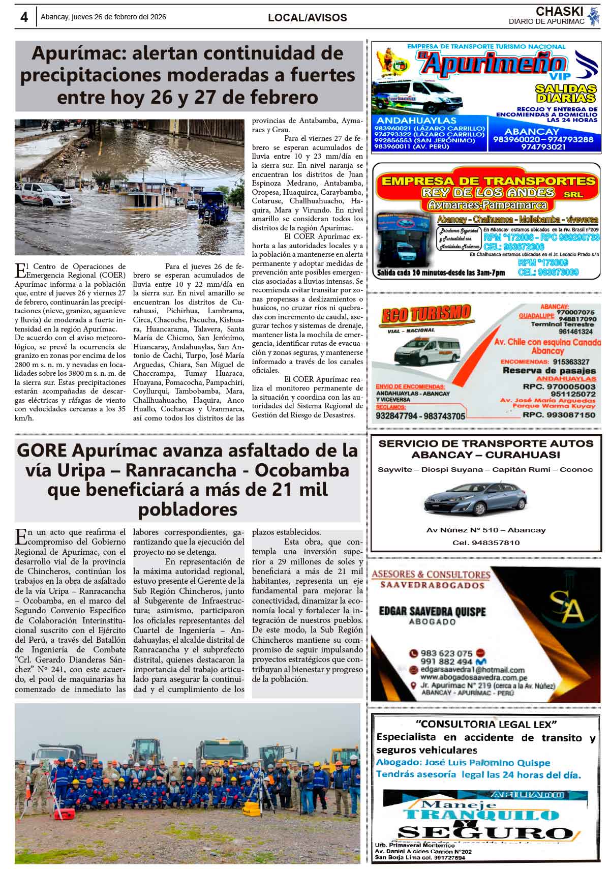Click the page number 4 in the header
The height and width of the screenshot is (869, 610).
24,17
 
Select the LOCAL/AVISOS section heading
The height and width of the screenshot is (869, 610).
307,18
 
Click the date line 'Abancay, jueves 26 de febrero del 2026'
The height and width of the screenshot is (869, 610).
103,17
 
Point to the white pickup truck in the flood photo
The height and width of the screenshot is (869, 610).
36,193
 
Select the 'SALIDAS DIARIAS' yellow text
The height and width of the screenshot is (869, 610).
565,93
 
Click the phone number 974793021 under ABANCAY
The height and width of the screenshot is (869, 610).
543,147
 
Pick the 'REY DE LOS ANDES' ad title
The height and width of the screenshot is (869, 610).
487,193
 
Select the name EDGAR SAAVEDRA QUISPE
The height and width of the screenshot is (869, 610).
432,611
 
